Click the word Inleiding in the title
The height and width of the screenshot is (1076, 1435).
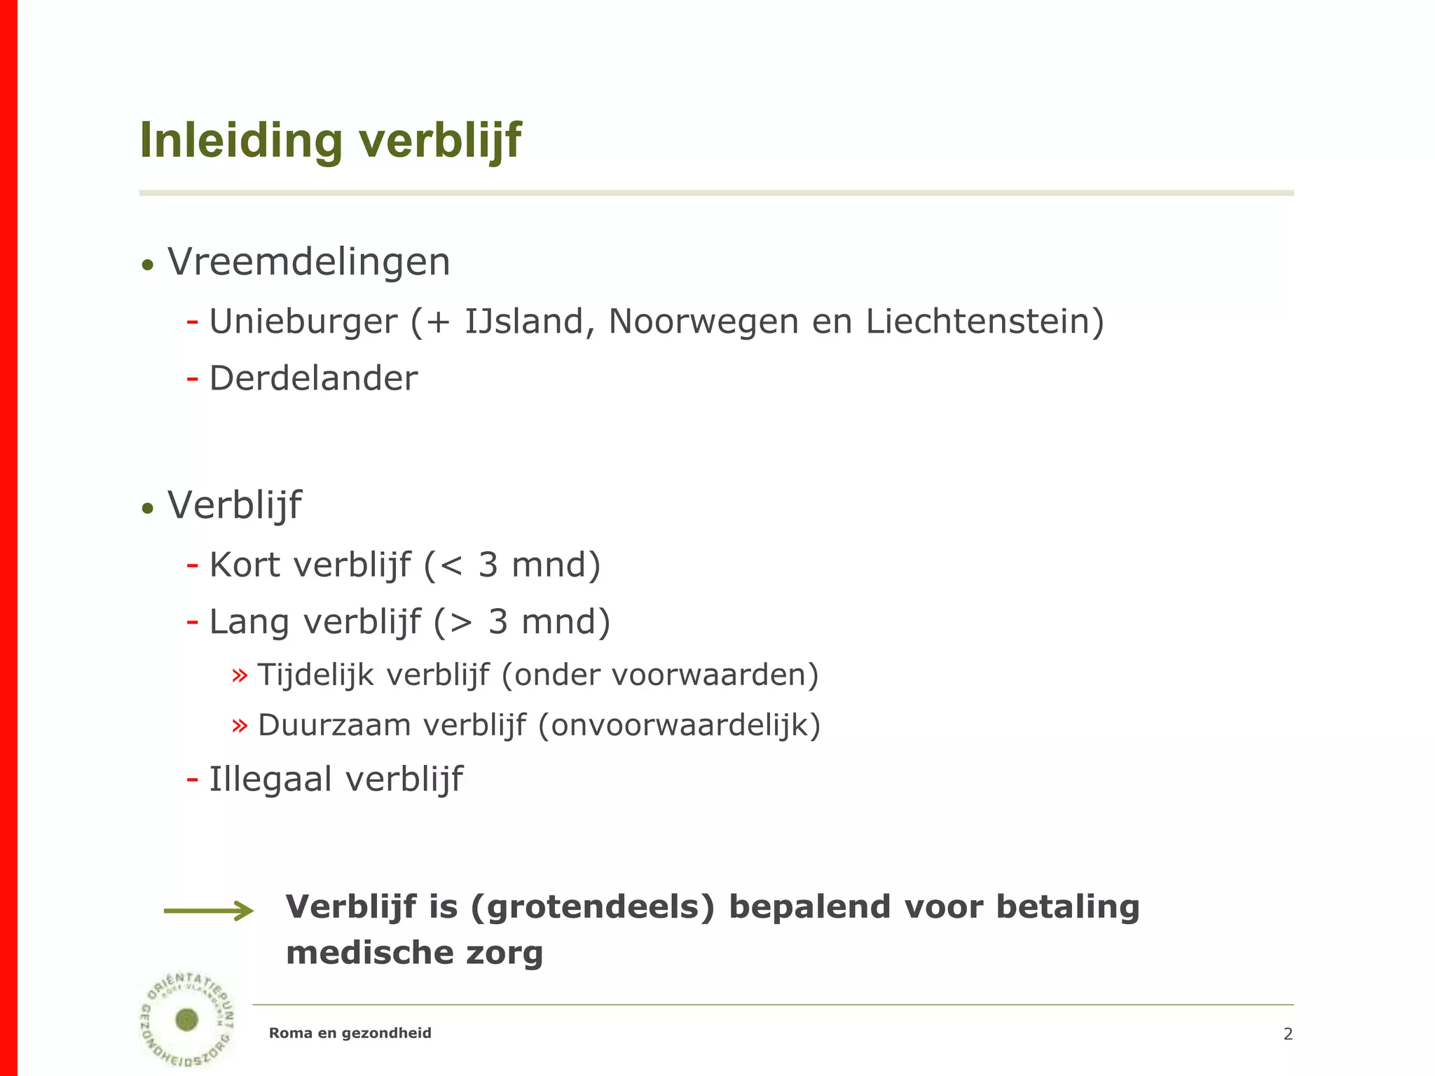click(x=241, y=141)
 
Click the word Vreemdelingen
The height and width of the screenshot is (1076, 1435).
click(x=308, y=263)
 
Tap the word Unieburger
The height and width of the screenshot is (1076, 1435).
click(x=303, y=322)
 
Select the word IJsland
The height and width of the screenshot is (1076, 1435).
click(x=524, y=322)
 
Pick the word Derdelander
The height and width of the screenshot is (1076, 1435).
click(x=313, y=379)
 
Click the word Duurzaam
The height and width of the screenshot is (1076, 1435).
click(x=334, y=726)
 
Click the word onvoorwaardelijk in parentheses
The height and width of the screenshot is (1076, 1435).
click(x=679, y=726)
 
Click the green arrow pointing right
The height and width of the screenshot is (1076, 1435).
click(x=208, y=911)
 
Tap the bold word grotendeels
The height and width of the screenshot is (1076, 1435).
click(x=593, y=907)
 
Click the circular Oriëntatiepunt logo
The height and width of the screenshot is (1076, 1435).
click(x=187, y=1019)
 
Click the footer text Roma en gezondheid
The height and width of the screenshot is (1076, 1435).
click(x=350, y=1033)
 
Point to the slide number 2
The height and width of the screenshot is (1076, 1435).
click(x=1288, y=1034)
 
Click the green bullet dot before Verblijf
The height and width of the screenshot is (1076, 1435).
click(x=147, y=508)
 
